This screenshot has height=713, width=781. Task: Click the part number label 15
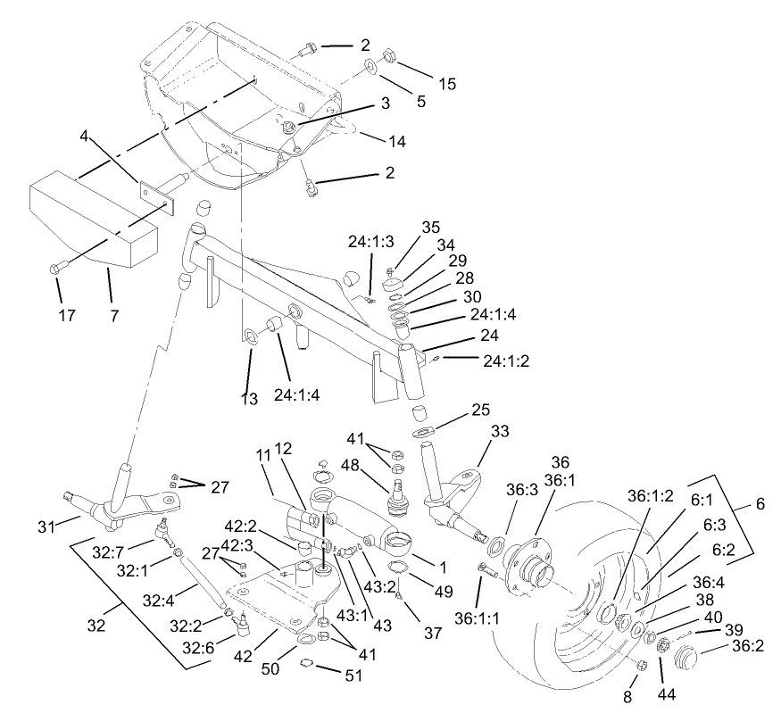446,84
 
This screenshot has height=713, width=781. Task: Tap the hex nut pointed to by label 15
388,57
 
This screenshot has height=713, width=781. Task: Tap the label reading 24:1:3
370,242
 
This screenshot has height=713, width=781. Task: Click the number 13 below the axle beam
250,399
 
